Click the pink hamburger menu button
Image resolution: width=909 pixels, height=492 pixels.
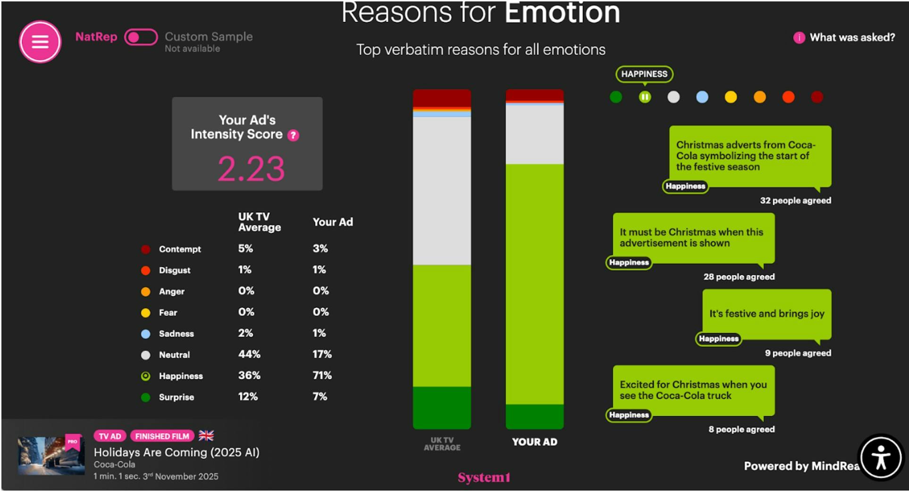(40, 42)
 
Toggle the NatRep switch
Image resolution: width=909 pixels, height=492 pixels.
(141, 37)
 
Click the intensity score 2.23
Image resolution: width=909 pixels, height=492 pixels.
(251, 169)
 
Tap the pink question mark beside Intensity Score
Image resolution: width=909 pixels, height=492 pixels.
(293, 136)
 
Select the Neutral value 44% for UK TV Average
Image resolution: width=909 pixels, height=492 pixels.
(249, 354)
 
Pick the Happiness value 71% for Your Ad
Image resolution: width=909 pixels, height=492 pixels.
(322, 375)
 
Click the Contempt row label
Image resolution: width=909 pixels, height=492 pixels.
(179, 249)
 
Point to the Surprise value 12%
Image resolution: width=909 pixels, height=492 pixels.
(248, 397)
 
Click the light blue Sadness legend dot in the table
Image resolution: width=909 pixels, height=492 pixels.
(146, 334)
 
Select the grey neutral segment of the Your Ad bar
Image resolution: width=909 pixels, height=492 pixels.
(534, 134)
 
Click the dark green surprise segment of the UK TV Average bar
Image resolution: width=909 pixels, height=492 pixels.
(442, 407)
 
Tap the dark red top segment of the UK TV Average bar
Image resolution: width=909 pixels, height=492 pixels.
(442, 98)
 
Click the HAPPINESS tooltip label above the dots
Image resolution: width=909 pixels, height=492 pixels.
(644, 74)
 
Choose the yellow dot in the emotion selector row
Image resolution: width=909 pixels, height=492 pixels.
(731, 97)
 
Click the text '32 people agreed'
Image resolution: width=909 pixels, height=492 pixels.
(795, 201)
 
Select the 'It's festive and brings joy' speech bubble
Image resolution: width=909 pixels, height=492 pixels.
(766, 314)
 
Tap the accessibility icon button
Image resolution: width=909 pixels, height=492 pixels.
(880, 457)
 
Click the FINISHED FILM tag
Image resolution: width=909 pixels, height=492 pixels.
(162, 436)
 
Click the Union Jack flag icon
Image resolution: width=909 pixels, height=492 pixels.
(206, 435)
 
